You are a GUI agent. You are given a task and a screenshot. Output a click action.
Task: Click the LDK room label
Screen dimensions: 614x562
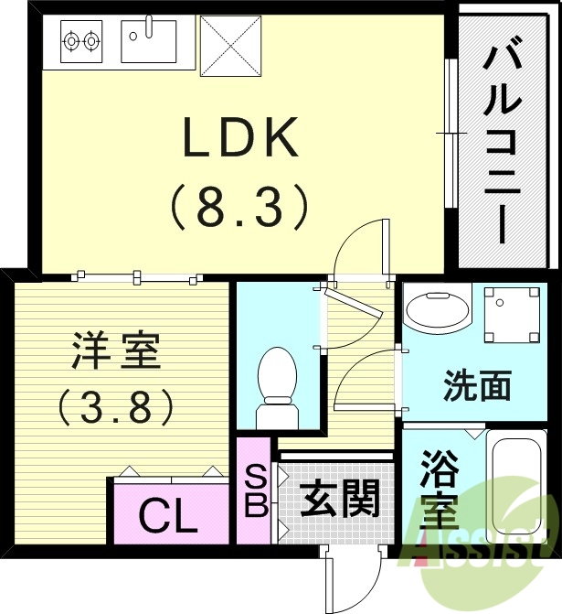click(242, 140)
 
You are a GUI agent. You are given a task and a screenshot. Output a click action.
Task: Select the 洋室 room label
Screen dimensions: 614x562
click(117, 350)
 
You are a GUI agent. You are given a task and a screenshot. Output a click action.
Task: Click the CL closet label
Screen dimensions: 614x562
click(168, 518)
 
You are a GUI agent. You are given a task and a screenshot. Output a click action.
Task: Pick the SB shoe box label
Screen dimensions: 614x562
click(255, 492)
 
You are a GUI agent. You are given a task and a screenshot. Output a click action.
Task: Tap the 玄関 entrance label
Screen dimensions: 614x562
click(340, 500)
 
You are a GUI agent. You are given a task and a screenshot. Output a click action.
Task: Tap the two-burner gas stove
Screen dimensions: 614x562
click(81, 40)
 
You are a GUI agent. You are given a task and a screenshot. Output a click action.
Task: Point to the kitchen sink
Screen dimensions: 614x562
click(148, 40)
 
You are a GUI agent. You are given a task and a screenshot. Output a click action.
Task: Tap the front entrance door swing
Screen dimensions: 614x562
click(350, 576)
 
